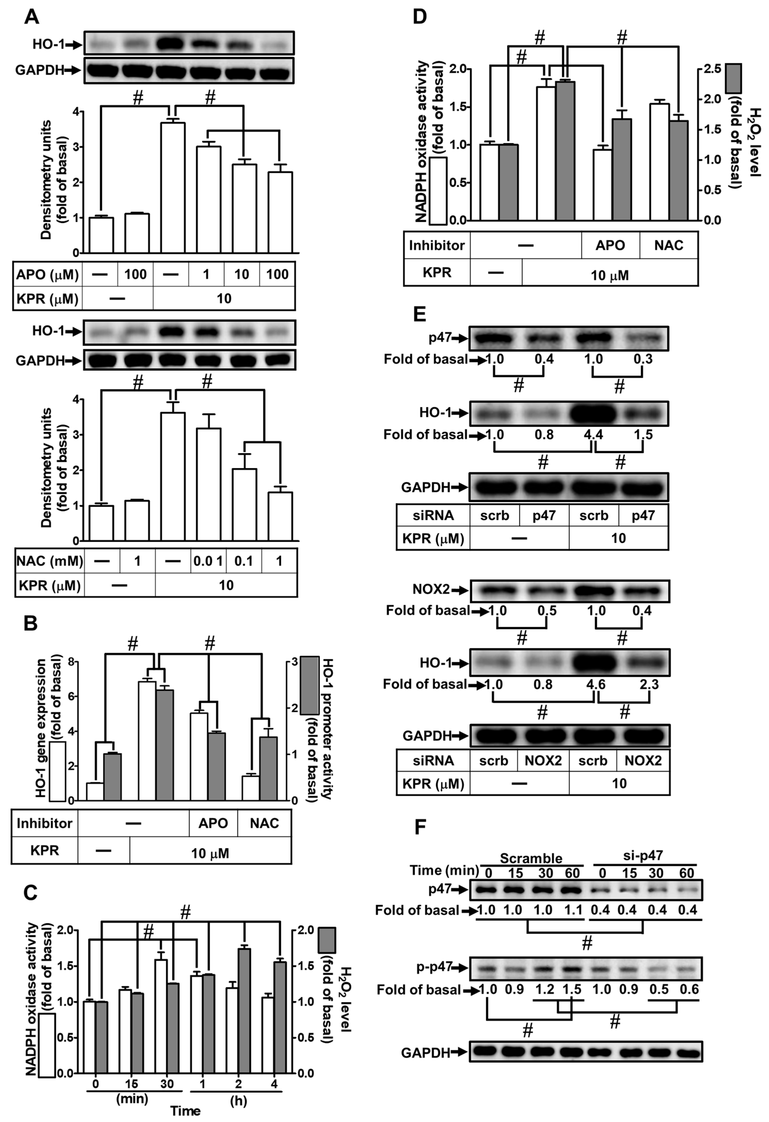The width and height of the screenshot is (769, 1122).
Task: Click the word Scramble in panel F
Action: [x=531, y=858]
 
